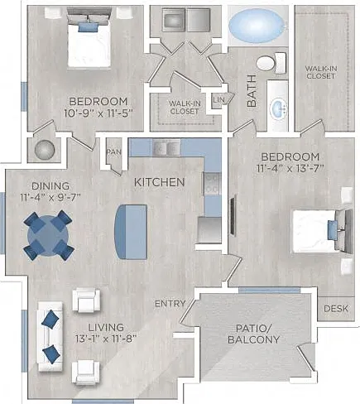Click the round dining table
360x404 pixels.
point(49,235)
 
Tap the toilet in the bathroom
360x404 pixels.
point(271,63)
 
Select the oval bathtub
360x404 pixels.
point(257,26)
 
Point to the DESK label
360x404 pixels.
point(336,309)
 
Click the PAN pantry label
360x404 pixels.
point(114,151)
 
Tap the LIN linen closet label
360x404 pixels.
point(218,99)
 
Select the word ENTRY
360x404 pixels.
point(170,304)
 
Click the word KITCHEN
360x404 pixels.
point(160,182)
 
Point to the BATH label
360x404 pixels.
point(252,91)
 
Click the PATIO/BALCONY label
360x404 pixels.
point(254,334)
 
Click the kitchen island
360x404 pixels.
point(131,232)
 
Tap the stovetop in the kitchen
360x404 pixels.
point(213,183)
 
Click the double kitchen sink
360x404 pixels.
point(166,148)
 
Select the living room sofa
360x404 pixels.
point(50,336)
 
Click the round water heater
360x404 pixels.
point(45,150)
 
